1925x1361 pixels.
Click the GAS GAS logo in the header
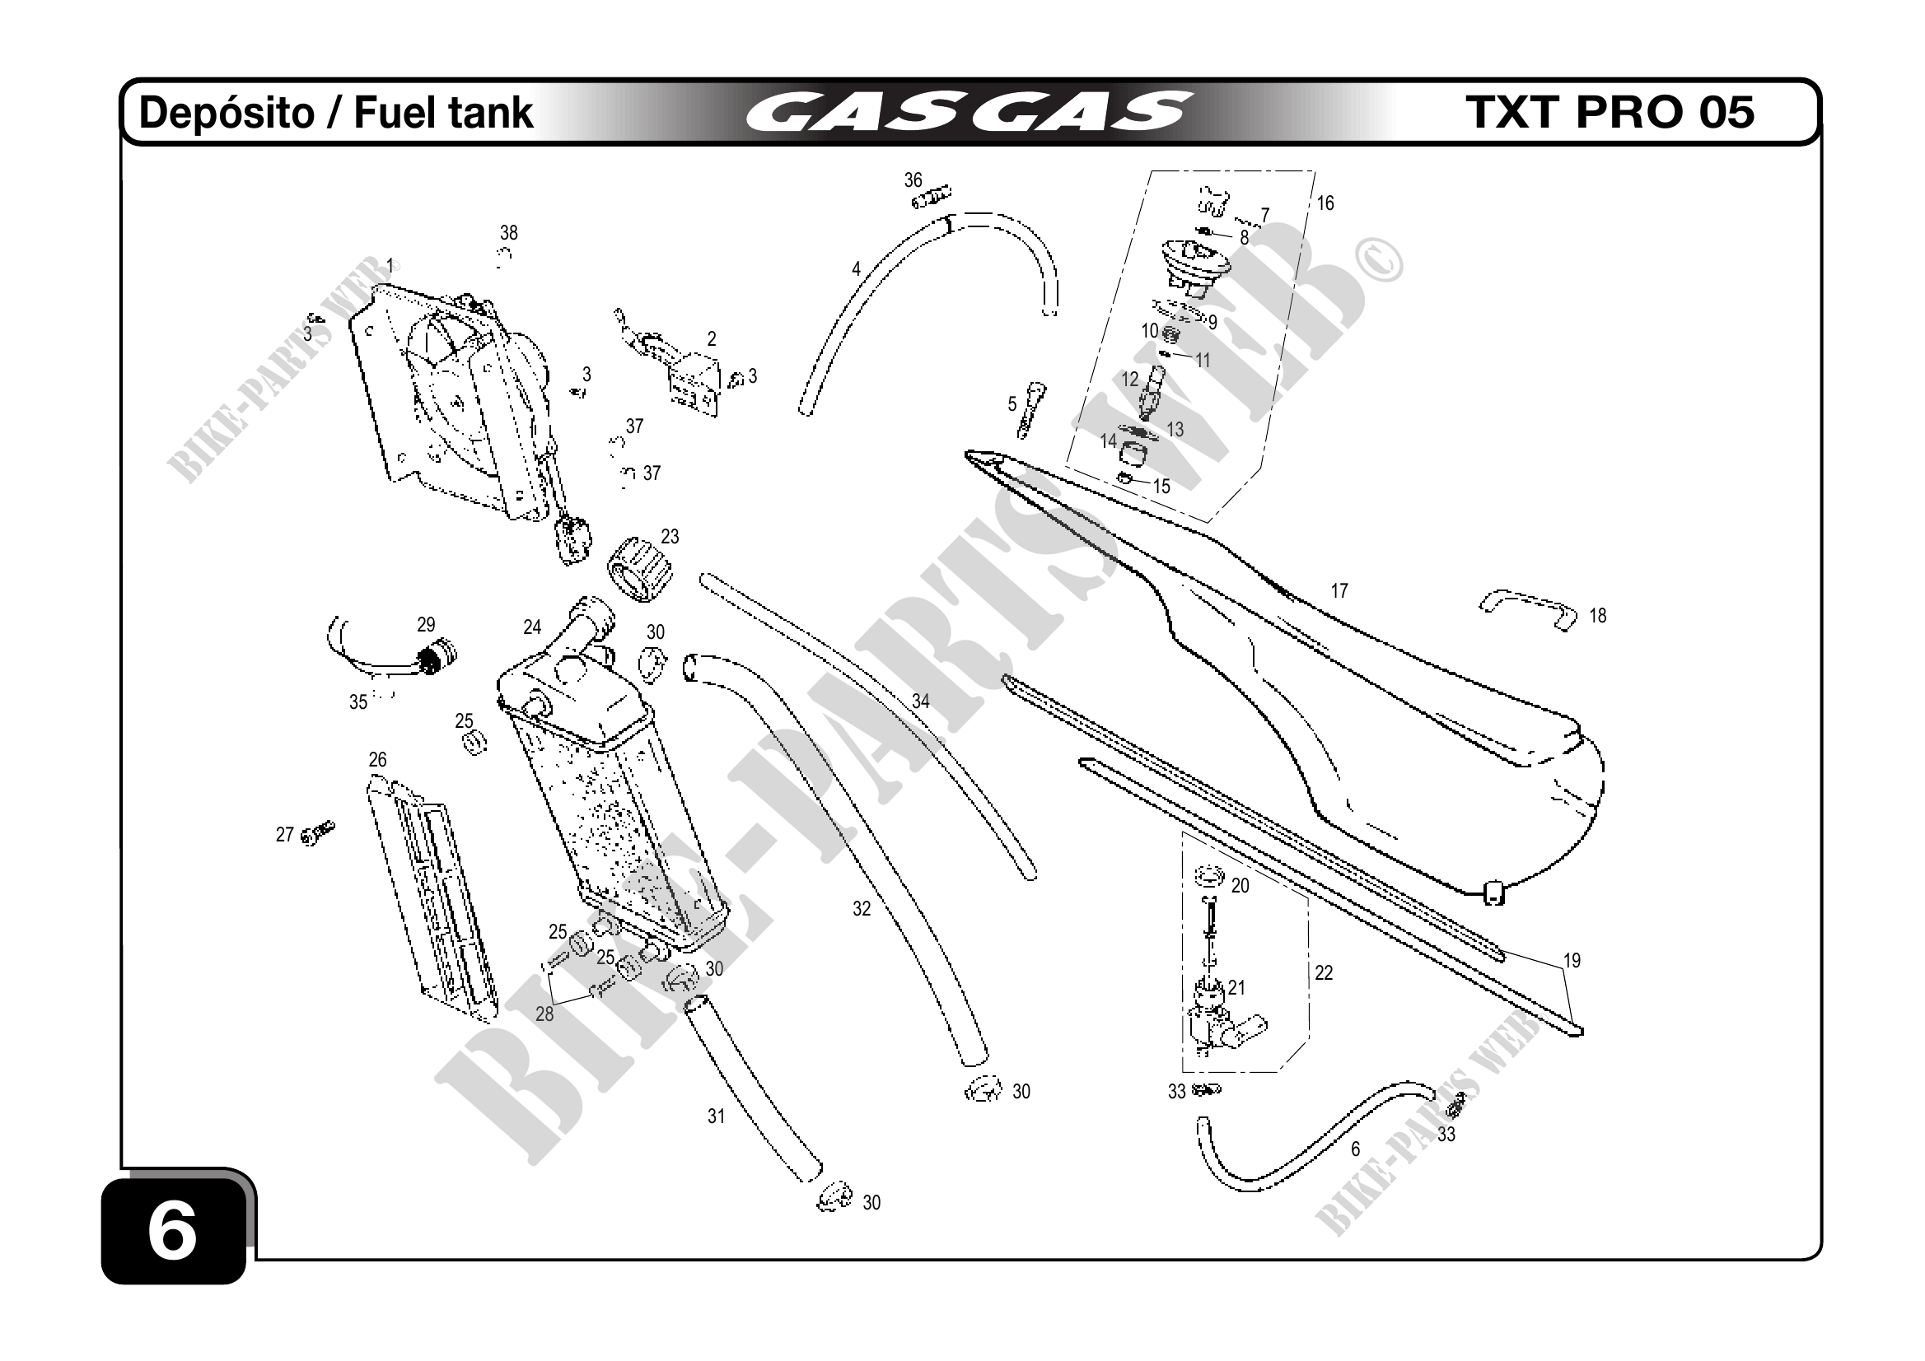(969, 112)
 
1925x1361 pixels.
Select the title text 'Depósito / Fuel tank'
(335, 113)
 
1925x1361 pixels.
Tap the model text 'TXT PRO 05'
(1610, 112)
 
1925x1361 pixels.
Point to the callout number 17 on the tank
(1339, 591)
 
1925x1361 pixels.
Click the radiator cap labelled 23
(639, 570)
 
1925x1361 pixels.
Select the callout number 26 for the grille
(377, 759)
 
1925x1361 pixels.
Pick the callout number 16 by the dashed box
(1325, 203)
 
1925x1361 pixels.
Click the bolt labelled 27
(318, 833)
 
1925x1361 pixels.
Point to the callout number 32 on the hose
(861, 908)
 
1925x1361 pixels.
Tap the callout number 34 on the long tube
(921, 701)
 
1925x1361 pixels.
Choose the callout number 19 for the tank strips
(1571, 960)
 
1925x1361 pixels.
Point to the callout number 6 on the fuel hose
(1355, 1149)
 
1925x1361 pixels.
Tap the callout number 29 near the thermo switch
(426, 624)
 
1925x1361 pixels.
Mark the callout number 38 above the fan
(509, 232)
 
